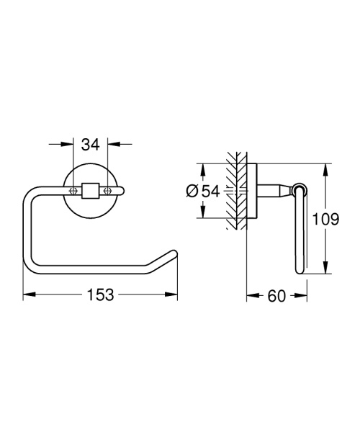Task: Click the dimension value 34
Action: click(90, 145)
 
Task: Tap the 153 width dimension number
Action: click(100, 294)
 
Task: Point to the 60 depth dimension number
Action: click(277, 294)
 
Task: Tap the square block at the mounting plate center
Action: click(91, 191)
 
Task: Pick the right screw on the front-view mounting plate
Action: click(108, 191)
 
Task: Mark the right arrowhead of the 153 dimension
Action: click(174, 294)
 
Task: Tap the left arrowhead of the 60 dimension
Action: click(250, 294)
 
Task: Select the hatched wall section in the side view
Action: click(233, 191)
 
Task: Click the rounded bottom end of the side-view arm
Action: click(300, 270)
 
